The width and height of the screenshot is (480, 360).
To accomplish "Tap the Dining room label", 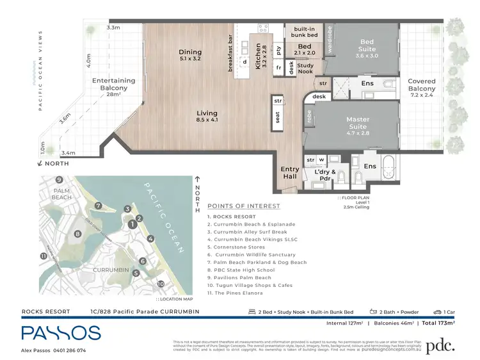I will point(190,56).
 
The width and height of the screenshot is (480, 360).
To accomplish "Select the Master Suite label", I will point(358,123).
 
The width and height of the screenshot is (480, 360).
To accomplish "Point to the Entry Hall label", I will point(290,174).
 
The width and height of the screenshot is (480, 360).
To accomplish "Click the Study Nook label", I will point(305,69).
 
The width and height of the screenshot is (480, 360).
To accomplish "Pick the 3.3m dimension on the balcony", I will point(113,28).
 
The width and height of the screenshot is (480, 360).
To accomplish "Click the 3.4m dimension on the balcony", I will point(68,153).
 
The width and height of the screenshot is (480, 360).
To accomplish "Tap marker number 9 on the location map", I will point(58,180).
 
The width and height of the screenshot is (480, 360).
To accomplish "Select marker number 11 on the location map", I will point(43,256).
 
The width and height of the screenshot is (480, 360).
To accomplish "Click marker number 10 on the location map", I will point(161,283).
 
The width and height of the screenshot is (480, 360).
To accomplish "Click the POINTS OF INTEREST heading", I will point(243,206).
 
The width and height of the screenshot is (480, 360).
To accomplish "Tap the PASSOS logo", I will point(61,332).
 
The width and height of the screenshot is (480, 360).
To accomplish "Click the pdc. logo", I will point(440,345).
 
